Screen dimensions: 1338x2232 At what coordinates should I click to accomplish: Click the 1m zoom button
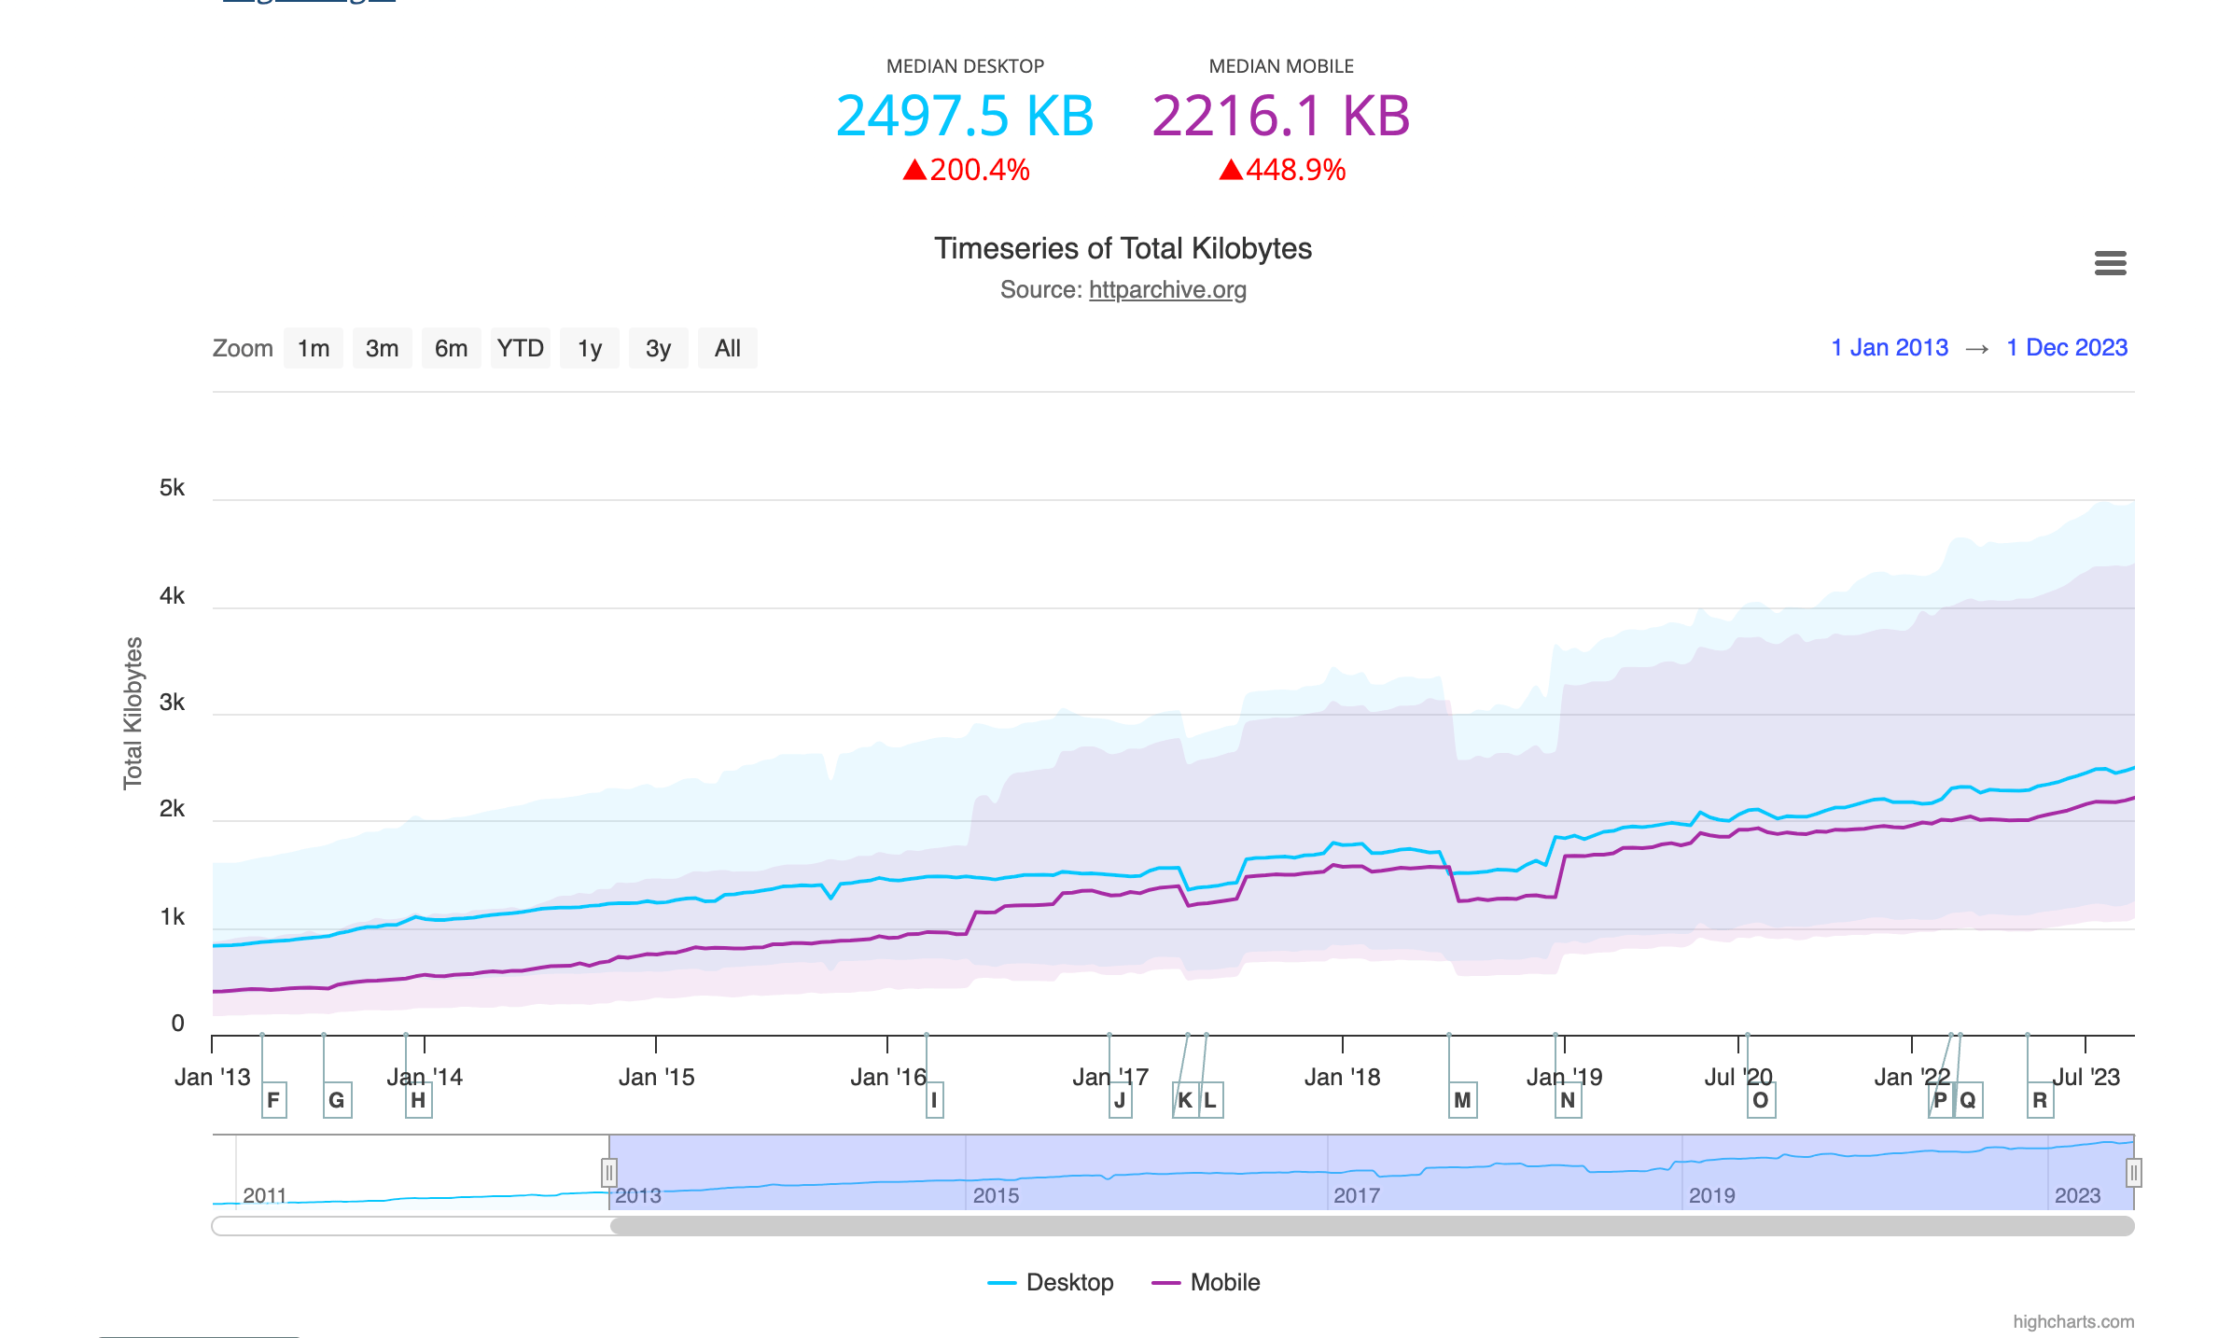point(314,348)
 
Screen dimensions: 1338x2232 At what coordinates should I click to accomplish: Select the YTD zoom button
point(520,348)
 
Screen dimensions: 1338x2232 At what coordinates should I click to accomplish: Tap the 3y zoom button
point(658,348)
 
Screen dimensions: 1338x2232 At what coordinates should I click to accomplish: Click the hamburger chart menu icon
point(2110,263)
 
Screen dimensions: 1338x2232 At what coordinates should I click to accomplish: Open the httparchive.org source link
point(1167,290)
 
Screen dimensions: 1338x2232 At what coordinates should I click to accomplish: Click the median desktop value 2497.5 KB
point(964,117)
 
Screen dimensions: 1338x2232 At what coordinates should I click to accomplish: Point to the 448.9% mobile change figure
point(1294,170)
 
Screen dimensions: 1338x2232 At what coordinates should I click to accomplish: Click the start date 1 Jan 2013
point(1890,348)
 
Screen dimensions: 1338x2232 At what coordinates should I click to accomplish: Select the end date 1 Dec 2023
point(2067,348)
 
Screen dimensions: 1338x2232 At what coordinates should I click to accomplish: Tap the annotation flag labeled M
point(1462,1100)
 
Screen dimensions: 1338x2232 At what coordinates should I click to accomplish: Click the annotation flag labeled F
point(273,1100)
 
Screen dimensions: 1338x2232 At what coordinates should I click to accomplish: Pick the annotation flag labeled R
point(2040,1100)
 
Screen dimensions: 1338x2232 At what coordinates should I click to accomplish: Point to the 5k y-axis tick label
point(173,488)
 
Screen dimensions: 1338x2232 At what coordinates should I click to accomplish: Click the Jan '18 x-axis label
point(1342,1077)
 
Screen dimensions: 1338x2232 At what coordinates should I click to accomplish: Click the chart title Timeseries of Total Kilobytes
point(1123,248)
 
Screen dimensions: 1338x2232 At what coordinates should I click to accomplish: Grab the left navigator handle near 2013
point(608,1172)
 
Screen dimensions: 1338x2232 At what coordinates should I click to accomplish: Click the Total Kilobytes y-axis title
point(133,713)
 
